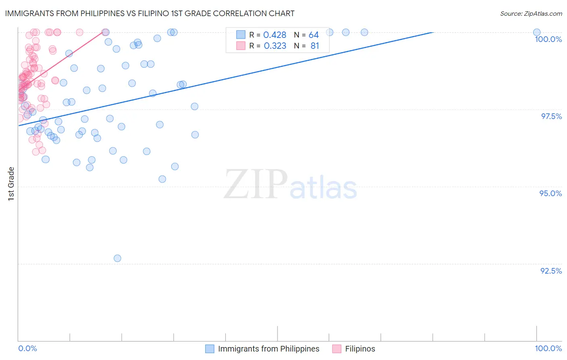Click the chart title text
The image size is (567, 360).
point(150,13)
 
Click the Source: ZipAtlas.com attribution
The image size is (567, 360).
point(531,13)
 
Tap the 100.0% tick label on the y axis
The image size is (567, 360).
point(548,39)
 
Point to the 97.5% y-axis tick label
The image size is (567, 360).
point(551,116)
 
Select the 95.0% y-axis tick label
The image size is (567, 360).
point(550,193)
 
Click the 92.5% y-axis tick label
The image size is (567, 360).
point(551,271)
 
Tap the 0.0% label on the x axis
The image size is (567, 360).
point(27,348)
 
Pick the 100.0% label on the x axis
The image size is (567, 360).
point(548,348)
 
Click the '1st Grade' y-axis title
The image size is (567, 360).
point(11,184)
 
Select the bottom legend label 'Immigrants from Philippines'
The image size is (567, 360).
point(269,349)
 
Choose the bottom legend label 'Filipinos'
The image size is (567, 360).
point(360,349)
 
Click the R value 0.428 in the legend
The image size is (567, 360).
point(275,35)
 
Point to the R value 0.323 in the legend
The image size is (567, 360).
point(275,46)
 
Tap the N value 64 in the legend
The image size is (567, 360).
point(314,35)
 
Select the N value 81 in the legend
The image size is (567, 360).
point(315,46)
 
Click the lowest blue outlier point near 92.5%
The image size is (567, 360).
point(117,258)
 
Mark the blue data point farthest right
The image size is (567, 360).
point(537,32)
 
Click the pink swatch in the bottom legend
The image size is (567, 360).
point(337,349)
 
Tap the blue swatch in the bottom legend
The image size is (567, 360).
point(210,349)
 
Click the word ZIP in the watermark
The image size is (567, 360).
point(256,184)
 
